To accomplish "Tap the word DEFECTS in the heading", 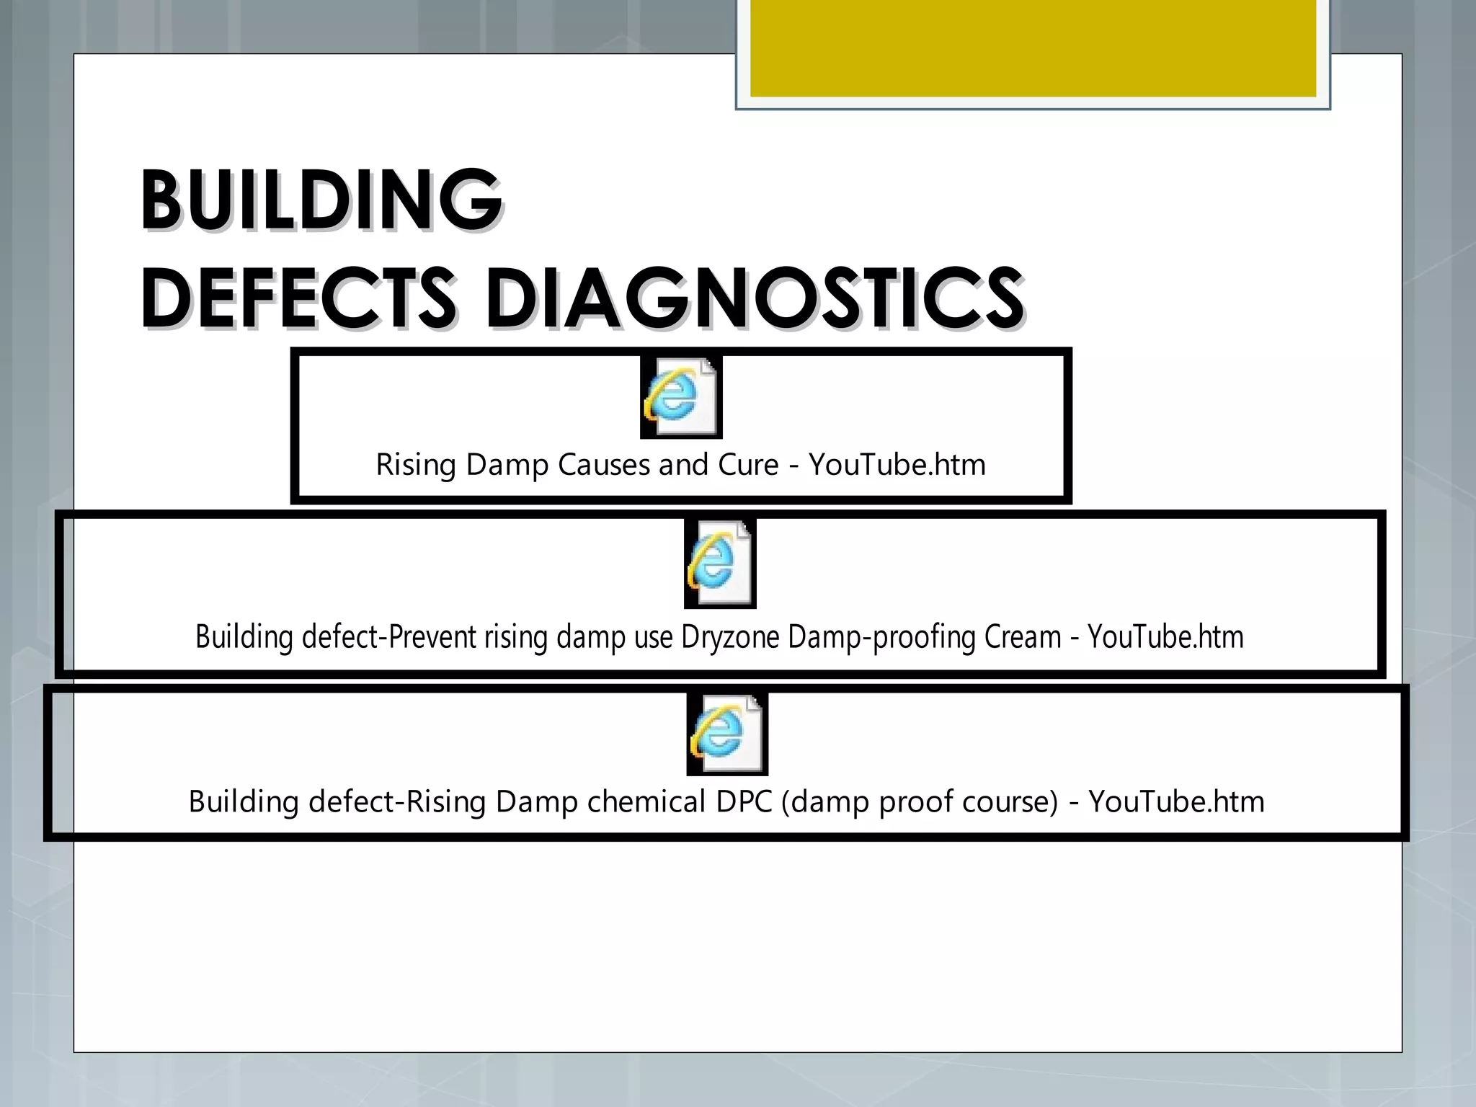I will pyautogui.click(x=298, y=297).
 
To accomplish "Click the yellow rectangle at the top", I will pyautogui.click(x=1033, y=48).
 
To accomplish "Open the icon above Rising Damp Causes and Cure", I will pyautogui.click(x=681, y=397).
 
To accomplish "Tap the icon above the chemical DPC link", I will pyautogui.click(x=726, y=734).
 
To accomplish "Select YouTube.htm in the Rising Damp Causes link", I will pyautogui.click(x=897, y=465).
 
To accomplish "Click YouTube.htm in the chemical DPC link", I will pyautogui.click(x=1176, y=802).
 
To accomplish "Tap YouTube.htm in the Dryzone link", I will pyautogui.click(x=1165, y=638).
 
